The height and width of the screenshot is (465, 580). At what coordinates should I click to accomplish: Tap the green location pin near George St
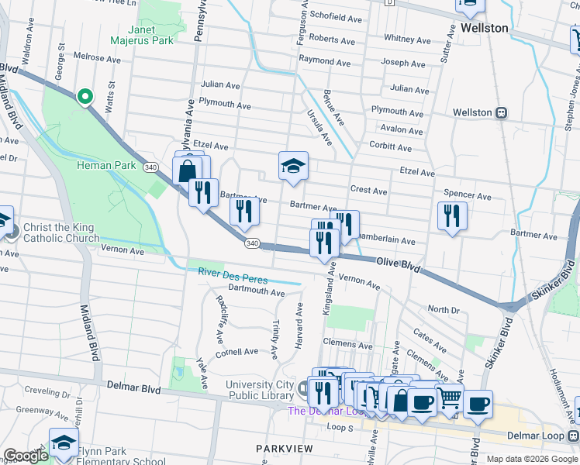point(85,96)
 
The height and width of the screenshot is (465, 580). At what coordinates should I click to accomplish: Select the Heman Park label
point(106,165)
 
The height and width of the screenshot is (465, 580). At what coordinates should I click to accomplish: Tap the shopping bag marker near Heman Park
point(188,171)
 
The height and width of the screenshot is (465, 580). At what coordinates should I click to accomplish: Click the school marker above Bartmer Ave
point(293,165)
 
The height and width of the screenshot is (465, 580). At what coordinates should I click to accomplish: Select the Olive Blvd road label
point(399,265)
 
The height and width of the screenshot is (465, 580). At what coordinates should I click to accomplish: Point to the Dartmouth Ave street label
point(257,292)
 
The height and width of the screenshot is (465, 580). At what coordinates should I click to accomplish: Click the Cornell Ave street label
point(236,351)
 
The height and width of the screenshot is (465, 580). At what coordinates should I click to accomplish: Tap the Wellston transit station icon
point(502,112)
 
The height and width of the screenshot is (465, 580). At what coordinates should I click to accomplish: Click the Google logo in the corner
point(26,456)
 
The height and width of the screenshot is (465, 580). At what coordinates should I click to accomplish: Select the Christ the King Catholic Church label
point(58,232)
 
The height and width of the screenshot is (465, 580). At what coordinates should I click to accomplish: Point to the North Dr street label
point(444,309)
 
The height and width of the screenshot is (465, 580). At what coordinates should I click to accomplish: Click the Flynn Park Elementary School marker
point(64,444)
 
